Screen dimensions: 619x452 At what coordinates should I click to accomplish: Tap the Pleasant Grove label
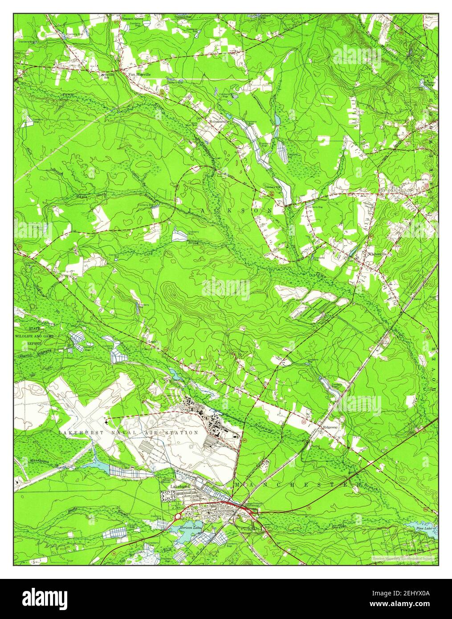[131, 19]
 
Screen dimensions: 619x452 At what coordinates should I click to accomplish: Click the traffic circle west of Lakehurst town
[177, 517]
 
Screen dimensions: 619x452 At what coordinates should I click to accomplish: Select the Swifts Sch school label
[109, 76]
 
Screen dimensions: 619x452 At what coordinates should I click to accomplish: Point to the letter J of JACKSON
[190, 209]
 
